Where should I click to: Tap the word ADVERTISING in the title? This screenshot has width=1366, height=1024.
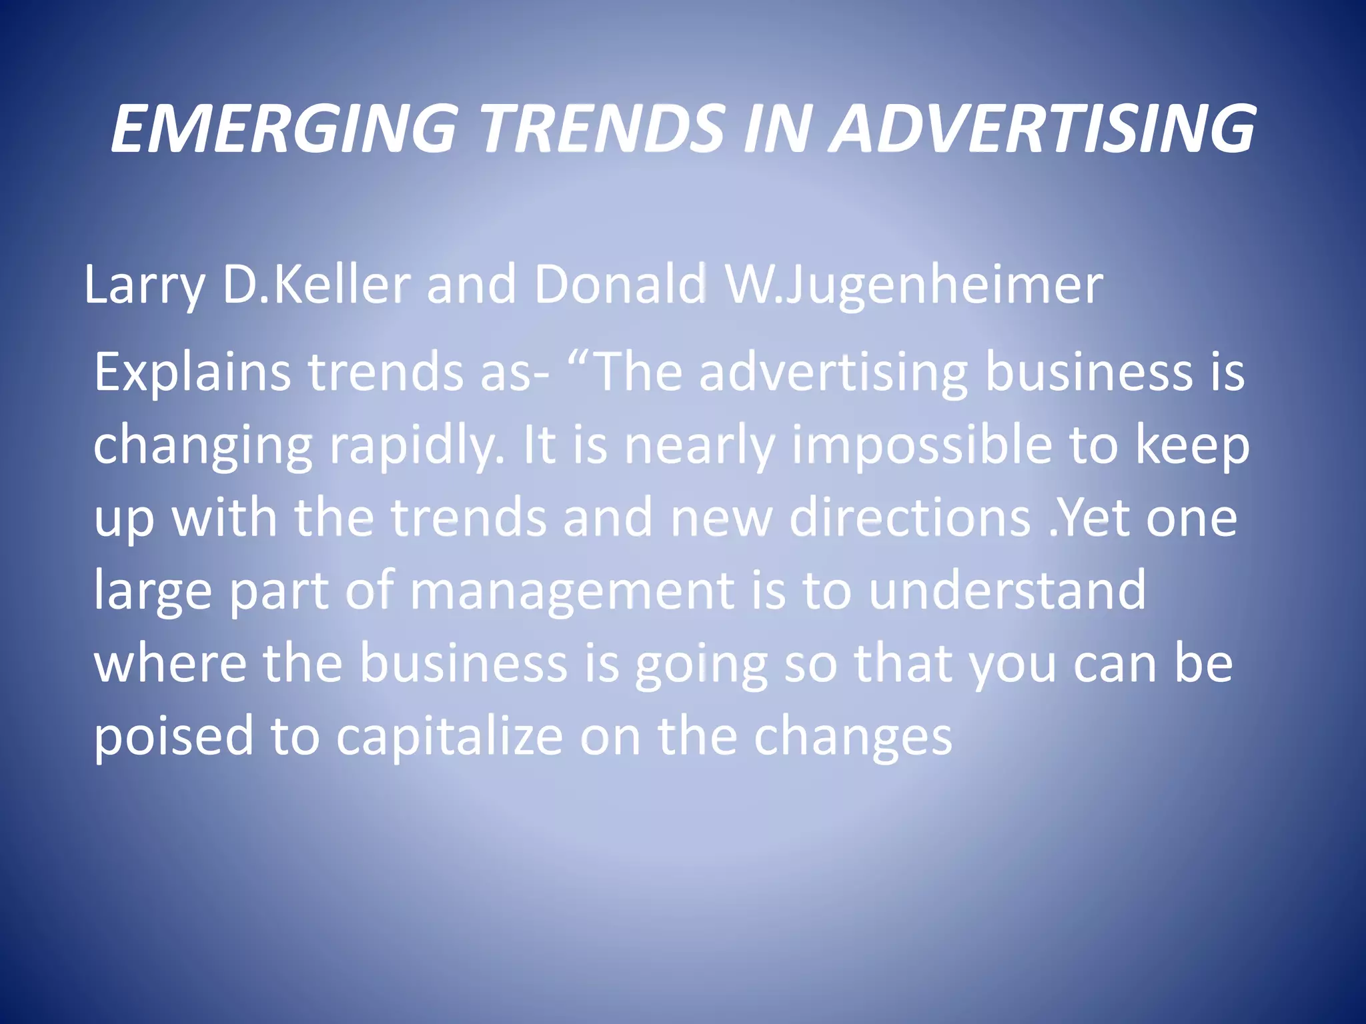click(x=1045, y=128)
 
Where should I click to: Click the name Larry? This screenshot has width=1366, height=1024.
click(x=144, y=285)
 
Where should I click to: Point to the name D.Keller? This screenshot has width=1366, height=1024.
click(x=316, y=285)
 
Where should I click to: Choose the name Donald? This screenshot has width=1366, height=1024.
click(x=620, y=285)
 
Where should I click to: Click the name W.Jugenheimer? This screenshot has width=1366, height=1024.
click(x=914, y=285)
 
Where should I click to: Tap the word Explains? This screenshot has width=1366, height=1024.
click(x=192, y=372)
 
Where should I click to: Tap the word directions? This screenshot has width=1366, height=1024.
click(x=910, y=518)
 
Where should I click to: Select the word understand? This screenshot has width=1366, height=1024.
click(x=1008, y=590)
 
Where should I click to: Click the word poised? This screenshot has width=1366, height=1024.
click(x=173, y=737)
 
